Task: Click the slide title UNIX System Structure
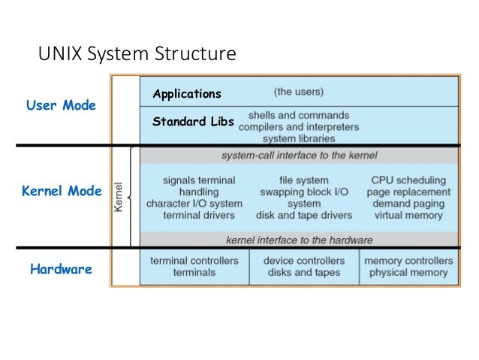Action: tap(137, 54)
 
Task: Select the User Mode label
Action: tap(62, 105)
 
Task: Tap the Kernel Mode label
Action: tap(62, 191)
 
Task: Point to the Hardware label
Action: tap(62, 268)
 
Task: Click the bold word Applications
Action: tap(187, 94)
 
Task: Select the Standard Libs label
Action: tap(193, 120)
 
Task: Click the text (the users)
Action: tap(297, 92)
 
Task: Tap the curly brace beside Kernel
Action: tap(133, 197)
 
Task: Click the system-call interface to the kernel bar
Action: tap(299, 156)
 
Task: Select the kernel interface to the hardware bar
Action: tap(299, 240)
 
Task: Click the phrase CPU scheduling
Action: tap(408, 180)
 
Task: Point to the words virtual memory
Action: tap(408, 215)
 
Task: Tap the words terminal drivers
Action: tap(194, 215)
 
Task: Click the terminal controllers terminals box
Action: tap(194, 267)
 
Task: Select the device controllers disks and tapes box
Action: tap(303, 267)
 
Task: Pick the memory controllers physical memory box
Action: tap(408, 267)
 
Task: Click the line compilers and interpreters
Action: tap(299, 127)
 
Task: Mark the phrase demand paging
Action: tap(408, 204)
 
